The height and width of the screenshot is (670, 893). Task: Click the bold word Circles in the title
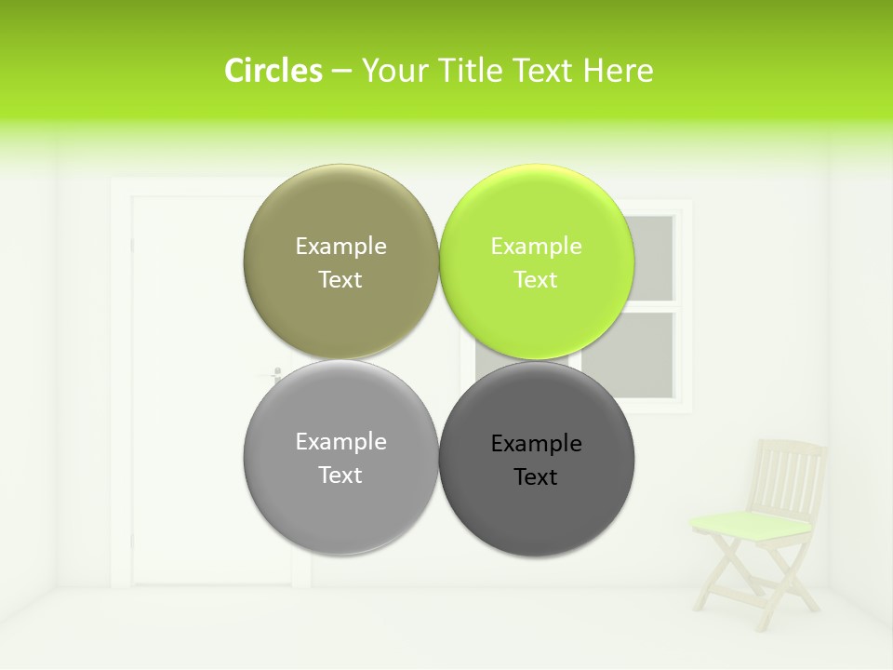pyautogui.click(x=273, y=71)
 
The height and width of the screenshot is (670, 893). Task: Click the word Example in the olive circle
pyautogui.click(x=340, y=246)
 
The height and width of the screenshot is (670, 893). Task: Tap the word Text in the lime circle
pyautogui.click(x=536, y=279)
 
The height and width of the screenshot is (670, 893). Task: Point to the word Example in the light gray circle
pyautogui.click(x=340, y=441)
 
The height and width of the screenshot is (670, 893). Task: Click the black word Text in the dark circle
pyautogui.click(x=536, y=476)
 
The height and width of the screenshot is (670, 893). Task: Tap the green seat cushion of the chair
pyautogui.click(x=752, y=525)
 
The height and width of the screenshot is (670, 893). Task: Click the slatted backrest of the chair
pyautogui.click(x=790, y=475)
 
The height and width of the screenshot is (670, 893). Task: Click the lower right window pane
pyautogui.click(x=647, y=355)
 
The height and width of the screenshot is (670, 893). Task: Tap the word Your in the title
pyautogui.click(x=390, y=71)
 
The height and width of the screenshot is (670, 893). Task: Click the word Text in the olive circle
pyautogui.click(x=340, y=279)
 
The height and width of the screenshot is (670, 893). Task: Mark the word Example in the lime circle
pyautogui.click(x=536, y=246)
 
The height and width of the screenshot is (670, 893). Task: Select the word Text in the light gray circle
pyautogui.click(x=340, y=475)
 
